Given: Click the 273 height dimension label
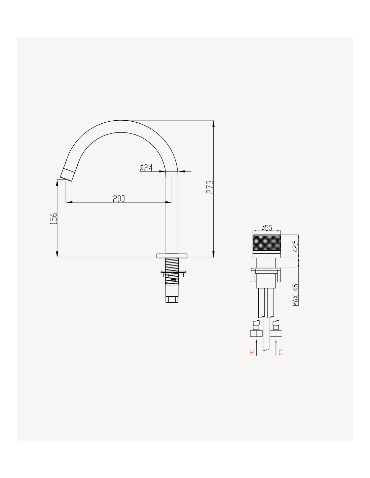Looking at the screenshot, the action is point(210,187).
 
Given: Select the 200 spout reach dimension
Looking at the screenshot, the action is point(119,199).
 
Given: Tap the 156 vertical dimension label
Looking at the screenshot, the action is point(54,218).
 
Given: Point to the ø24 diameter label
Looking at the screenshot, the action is point(146,168).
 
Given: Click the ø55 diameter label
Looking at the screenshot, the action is point(267,228).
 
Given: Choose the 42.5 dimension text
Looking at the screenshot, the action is point(296,246).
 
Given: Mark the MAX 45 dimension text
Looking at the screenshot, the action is point(296,295).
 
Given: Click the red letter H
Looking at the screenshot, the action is point(252,352).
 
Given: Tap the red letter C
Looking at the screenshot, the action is point(280,352).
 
